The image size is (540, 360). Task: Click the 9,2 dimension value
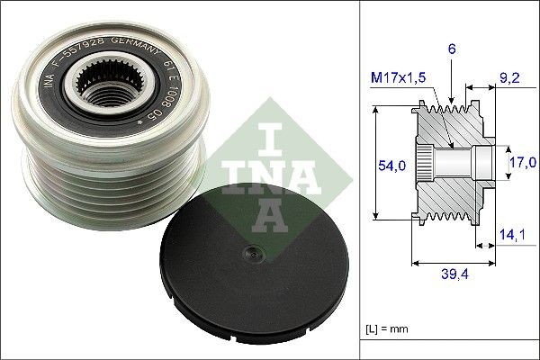pos(508,77)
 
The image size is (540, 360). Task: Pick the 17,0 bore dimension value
pos(519,163)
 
